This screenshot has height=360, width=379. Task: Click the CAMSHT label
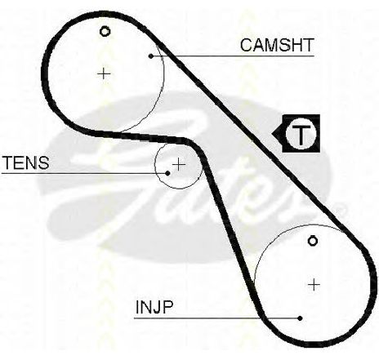pos(277,45)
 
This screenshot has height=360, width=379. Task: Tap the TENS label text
pos(25,162)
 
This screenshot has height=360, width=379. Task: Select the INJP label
pos(154,307)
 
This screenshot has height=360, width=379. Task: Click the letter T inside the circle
pos(301,134)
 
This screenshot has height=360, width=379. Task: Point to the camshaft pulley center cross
pos(104,73)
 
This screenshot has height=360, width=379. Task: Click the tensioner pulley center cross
pos(179,164)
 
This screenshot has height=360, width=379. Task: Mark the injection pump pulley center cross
pos(314,285)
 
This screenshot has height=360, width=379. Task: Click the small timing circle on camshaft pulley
pos(105,32)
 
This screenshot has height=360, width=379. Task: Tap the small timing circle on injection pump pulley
pos(313,241)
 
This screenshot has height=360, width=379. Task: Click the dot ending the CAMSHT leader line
pos(151,56)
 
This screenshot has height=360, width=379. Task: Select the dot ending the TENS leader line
pos(167,173)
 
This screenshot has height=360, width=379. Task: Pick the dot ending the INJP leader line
pos(300,318)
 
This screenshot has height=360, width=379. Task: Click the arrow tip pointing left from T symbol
pos(272,134)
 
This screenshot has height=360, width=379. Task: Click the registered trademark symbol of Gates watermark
pos(341,208)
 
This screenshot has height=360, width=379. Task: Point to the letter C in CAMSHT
pos(247,45)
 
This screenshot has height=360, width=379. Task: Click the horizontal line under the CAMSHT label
pos(233,56)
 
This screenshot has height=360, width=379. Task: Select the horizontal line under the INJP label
pos(217,318)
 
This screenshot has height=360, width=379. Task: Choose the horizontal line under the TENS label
pos(85,173)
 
